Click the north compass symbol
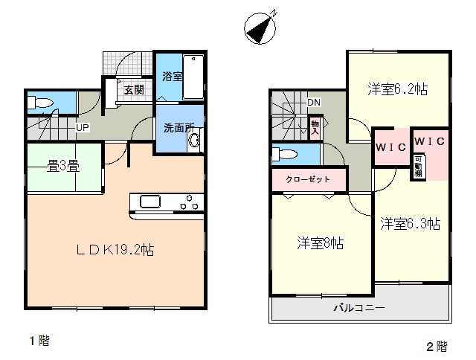point(260,28)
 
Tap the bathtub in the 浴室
point(193,77)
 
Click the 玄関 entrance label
point(134,90)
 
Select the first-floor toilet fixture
point(39,103)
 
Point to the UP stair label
point(83,127)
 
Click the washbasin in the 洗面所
point(194,140)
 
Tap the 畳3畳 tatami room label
point(63,167)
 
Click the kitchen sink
point(150,202)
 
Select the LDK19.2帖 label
point(115,250)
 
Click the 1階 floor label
point(39,341)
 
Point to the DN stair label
point(314,103)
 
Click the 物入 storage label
point(315,127)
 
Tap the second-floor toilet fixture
point(284,154)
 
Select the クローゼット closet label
point(308,179)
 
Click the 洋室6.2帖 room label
point(398,89)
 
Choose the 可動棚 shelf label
point(418,167)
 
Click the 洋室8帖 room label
point(321,243)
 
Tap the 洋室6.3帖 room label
point(411,224)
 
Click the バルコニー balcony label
point(359,308)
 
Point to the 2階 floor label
point(437,347)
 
